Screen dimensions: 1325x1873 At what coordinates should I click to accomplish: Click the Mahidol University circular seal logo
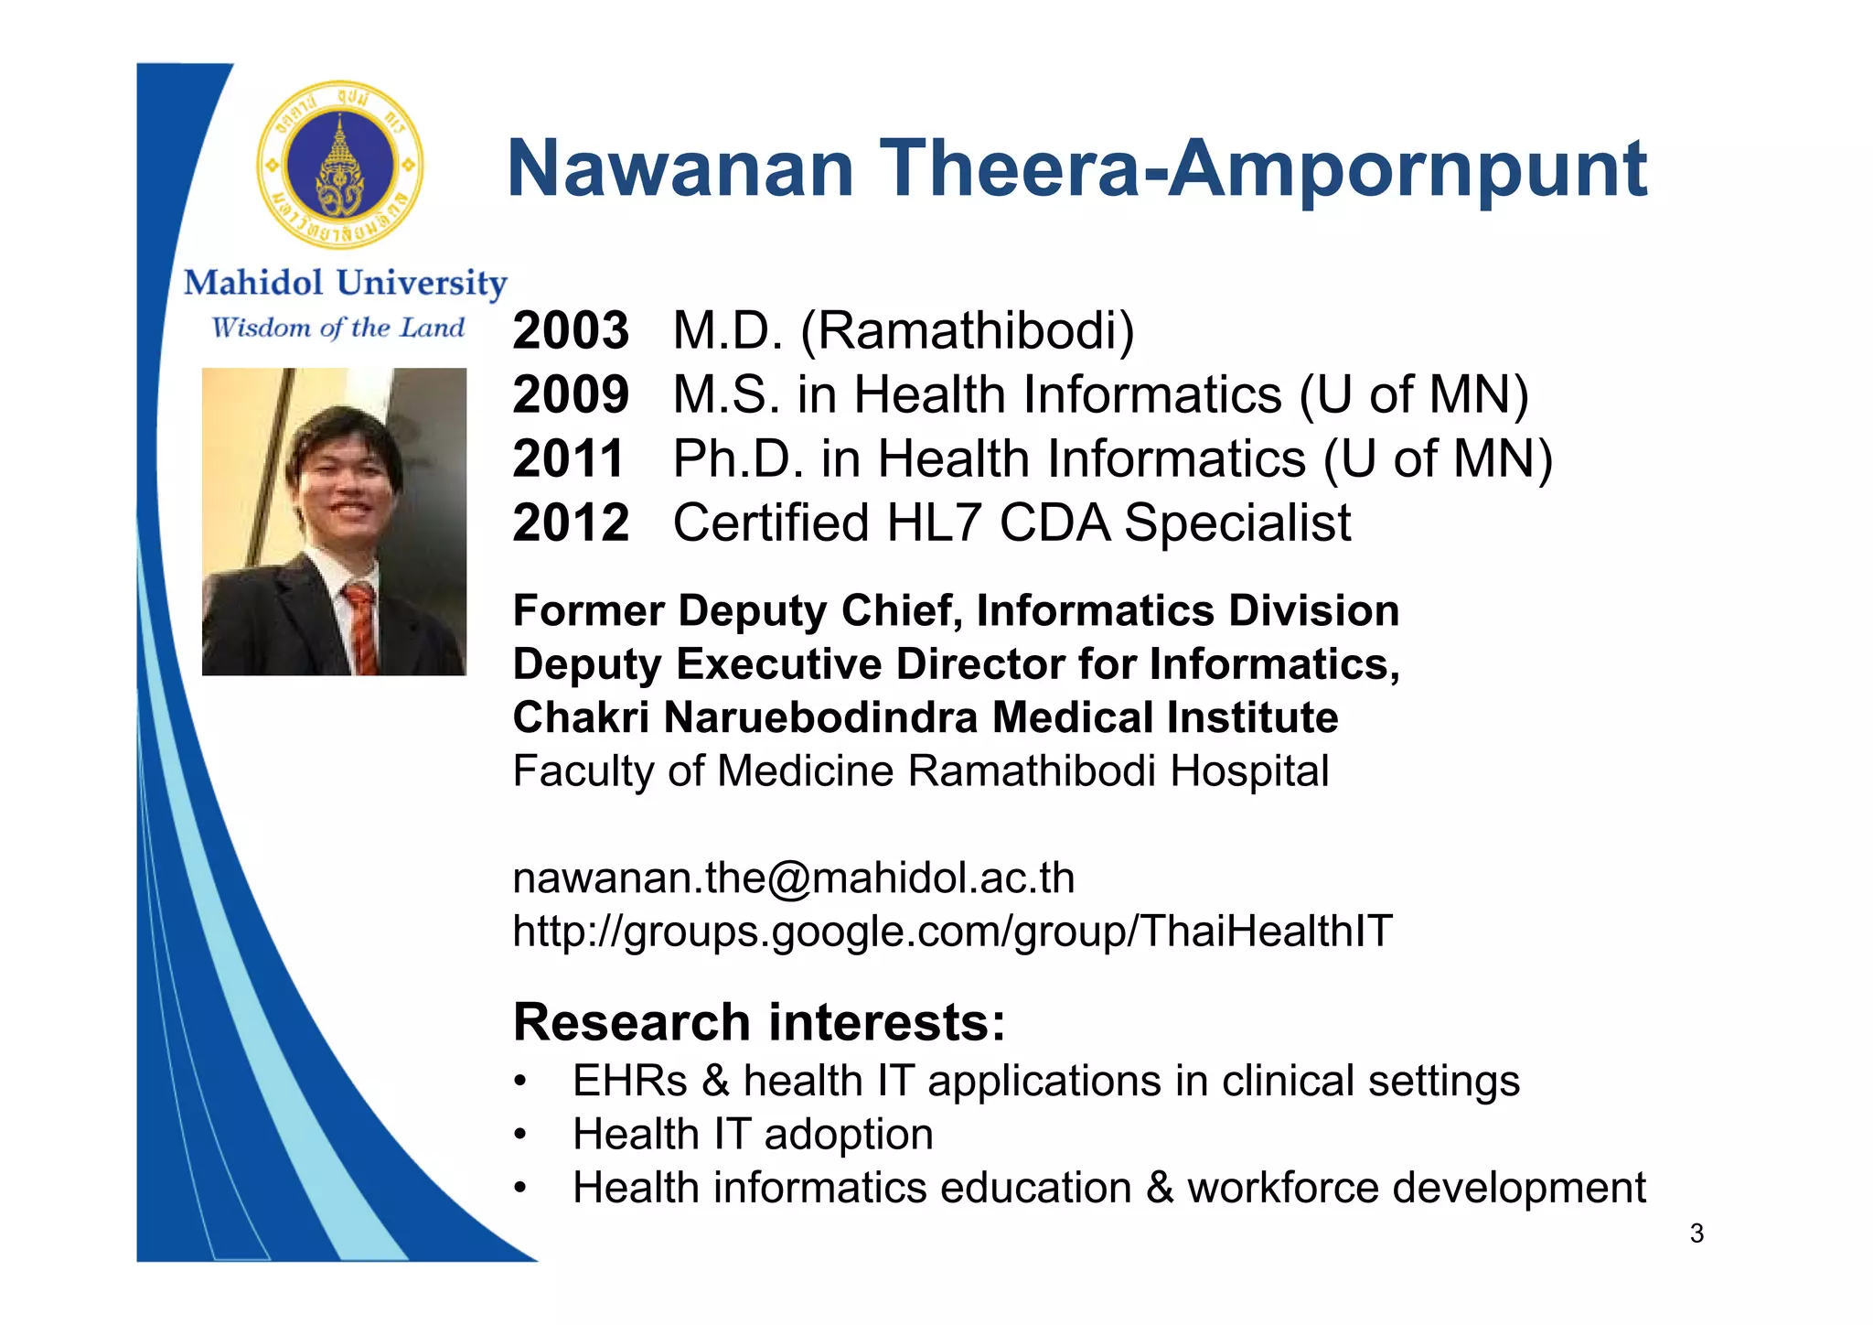(x=340, y=166)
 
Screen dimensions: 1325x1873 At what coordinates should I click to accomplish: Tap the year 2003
(x=571, y=330)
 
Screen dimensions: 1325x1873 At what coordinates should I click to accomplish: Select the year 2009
(x=571, y=394)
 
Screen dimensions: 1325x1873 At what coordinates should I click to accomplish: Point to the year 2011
(x=569, y=458)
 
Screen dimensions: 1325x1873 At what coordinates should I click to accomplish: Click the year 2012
(x=571, y=522)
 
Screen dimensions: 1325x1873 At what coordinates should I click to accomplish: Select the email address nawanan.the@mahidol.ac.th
(x=794, y=878)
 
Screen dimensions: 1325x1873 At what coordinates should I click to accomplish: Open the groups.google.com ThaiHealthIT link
(x=952, y=931)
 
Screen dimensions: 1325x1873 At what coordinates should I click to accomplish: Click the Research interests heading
(x=759, y=1021)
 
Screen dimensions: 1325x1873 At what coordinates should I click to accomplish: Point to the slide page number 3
(x=1696, y=1233)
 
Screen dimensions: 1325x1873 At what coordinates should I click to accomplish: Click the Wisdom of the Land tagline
(x=338, y=328)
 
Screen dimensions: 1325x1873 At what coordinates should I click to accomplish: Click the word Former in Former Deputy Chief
(x=588, y=610)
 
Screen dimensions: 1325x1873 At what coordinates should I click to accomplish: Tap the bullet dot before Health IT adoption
(x=519, y=1136)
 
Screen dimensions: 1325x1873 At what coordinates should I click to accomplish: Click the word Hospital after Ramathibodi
(x=1249, y=770)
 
